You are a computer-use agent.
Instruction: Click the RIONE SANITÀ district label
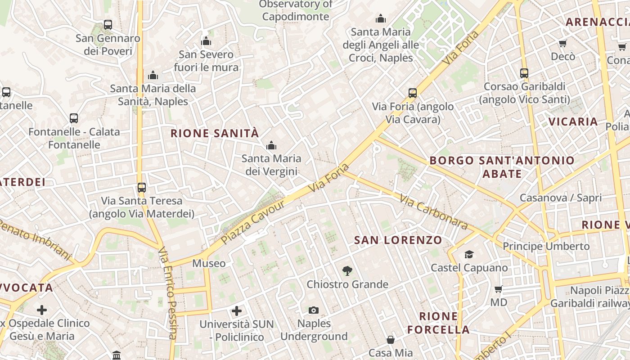point(215,133)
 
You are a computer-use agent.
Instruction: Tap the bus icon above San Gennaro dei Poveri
point(108,25)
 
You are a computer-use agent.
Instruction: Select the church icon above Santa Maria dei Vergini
point(271,145)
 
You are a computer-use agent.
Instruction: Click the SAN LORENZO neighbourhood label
point(398,240)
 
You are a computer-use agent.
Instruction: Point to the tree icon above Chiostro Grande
point(347,271)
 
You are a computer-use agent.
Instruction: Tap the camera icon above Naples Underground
point(314,310)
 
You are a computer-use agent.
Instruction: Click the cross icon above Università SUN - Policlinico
point(237,310)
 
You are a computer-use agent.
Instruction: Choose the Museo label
point(209,263)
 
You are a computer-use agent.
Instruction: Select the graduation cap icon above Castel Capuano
point(469,255)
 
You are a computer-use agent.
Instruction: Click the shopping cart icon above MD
point(498,289)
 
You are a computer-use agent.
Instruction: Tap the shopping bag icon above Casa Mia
point(390,339)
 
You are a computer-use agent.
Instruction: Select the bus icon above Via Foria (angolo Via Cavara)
point(413,93)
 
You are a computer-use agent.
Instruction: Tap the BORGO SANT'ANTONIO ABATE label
point(502,167)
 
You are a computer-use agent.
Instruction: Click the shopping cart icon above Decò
point(562,43)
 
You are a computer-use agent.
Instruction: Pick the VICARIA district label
point(573,121)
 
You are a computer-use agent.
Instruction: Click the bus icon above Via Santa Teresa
point(142,187)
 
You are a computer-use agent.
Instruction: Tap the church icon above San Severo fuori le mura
point(206,41)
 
